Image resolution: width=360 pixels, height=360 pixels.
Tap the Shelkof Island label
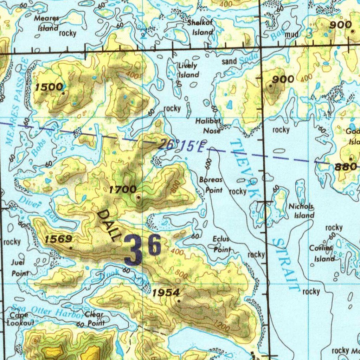point(200,28)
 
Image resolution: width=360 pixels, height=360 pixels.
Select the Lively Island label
point(188,70)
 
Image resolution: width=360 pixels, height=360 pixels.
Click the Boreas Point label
point(211,185)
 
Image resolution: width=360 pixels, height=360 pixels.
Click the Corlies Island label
point(321,253)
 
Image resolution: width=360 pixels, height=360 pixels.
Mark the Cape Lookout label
point(20,319)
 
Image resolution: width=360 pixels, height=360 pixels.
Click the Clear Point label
point(94,319)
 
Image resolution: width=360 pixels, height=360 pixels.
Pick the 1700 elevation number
point(123,190)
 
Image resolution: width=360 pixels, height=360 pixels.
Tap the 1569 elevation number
point(59,239)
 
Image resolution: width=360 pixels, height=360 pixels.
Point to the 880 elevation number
point(346,167)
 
